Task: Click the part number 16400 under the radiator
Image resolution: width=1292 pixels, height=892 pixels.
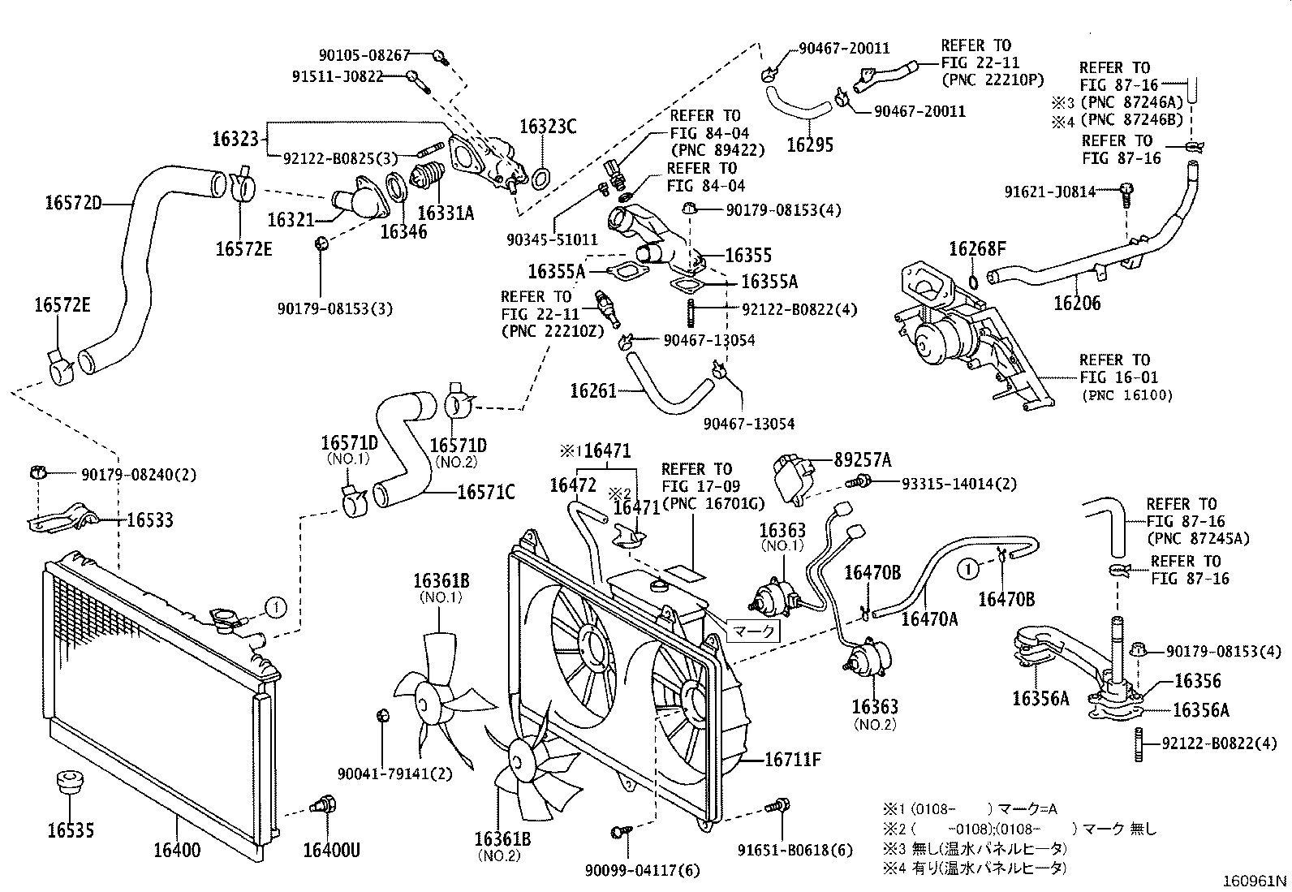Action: coord(176,850)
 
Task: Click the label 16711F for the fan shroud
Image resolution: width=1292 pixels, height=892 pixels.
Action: coord(793,761)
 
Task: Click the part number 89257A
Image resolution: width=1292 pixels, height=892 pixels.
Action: coord(863,460)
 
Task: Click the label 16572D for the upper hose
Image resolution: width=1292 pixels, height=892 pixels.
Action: coord(73,202)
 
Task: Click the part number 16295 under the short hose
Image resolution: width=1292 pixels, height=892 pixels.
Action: coord(810,145)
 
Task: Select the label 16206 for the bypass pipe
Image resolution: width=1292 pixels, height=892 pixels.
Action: coord(1077,304)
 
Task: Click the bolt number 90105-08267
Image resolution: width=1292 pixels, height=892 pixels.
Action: coord(364,54)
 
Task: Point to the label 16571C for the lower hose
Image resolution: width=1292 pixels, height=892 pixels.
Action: coord(485,492)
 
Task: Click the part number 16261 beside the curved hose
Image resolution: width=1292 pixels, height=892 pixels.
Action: coord(593,391)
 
